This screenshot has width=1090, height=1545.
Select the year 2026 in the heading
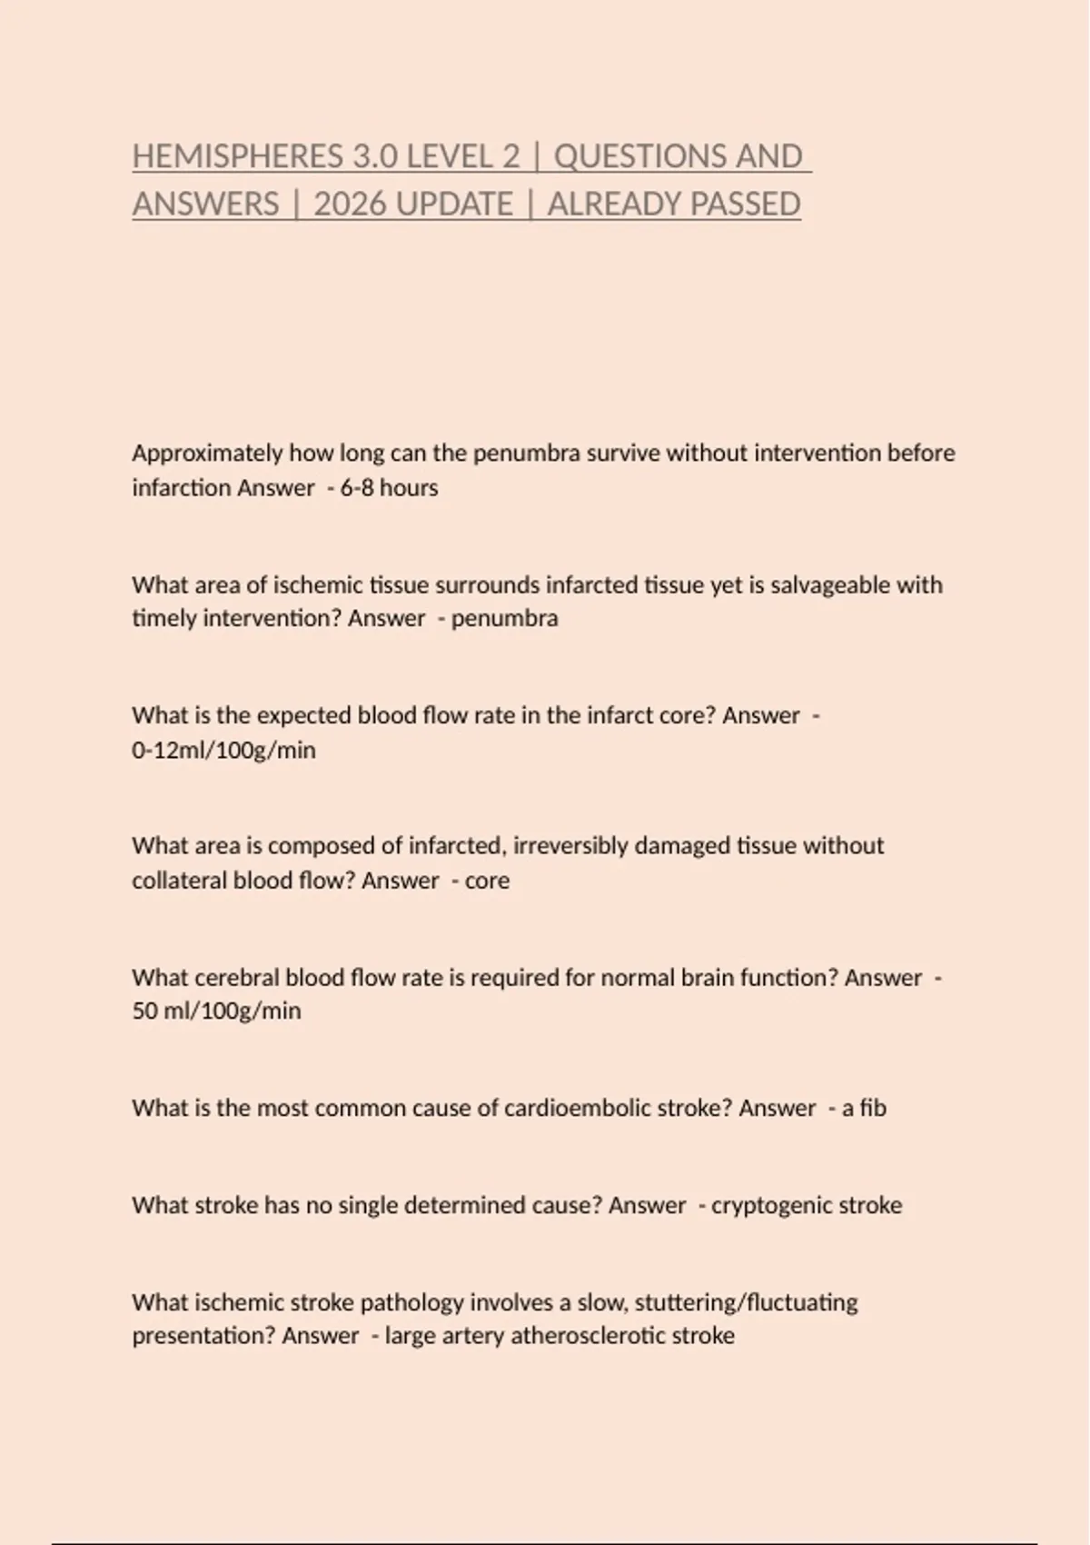[349, 204]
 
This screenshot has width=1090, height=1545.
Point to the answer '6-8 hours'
[389, 488]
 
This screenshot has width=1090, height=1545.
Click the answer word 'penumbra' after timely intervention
[504, 619]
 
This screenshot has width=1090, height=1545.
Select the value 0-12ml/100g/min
[223, 751]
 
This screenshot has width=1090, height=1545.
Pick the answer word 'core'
[487, 881]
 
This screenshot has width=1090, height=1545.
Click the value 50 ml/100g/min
[216, 1012]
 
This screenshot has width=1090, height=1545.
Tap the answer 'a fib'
[864, 1109]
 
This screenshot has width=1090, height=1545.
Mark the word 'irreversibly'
[570, 846]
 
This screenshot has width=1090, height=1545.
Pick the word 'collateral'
[179, 881]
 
